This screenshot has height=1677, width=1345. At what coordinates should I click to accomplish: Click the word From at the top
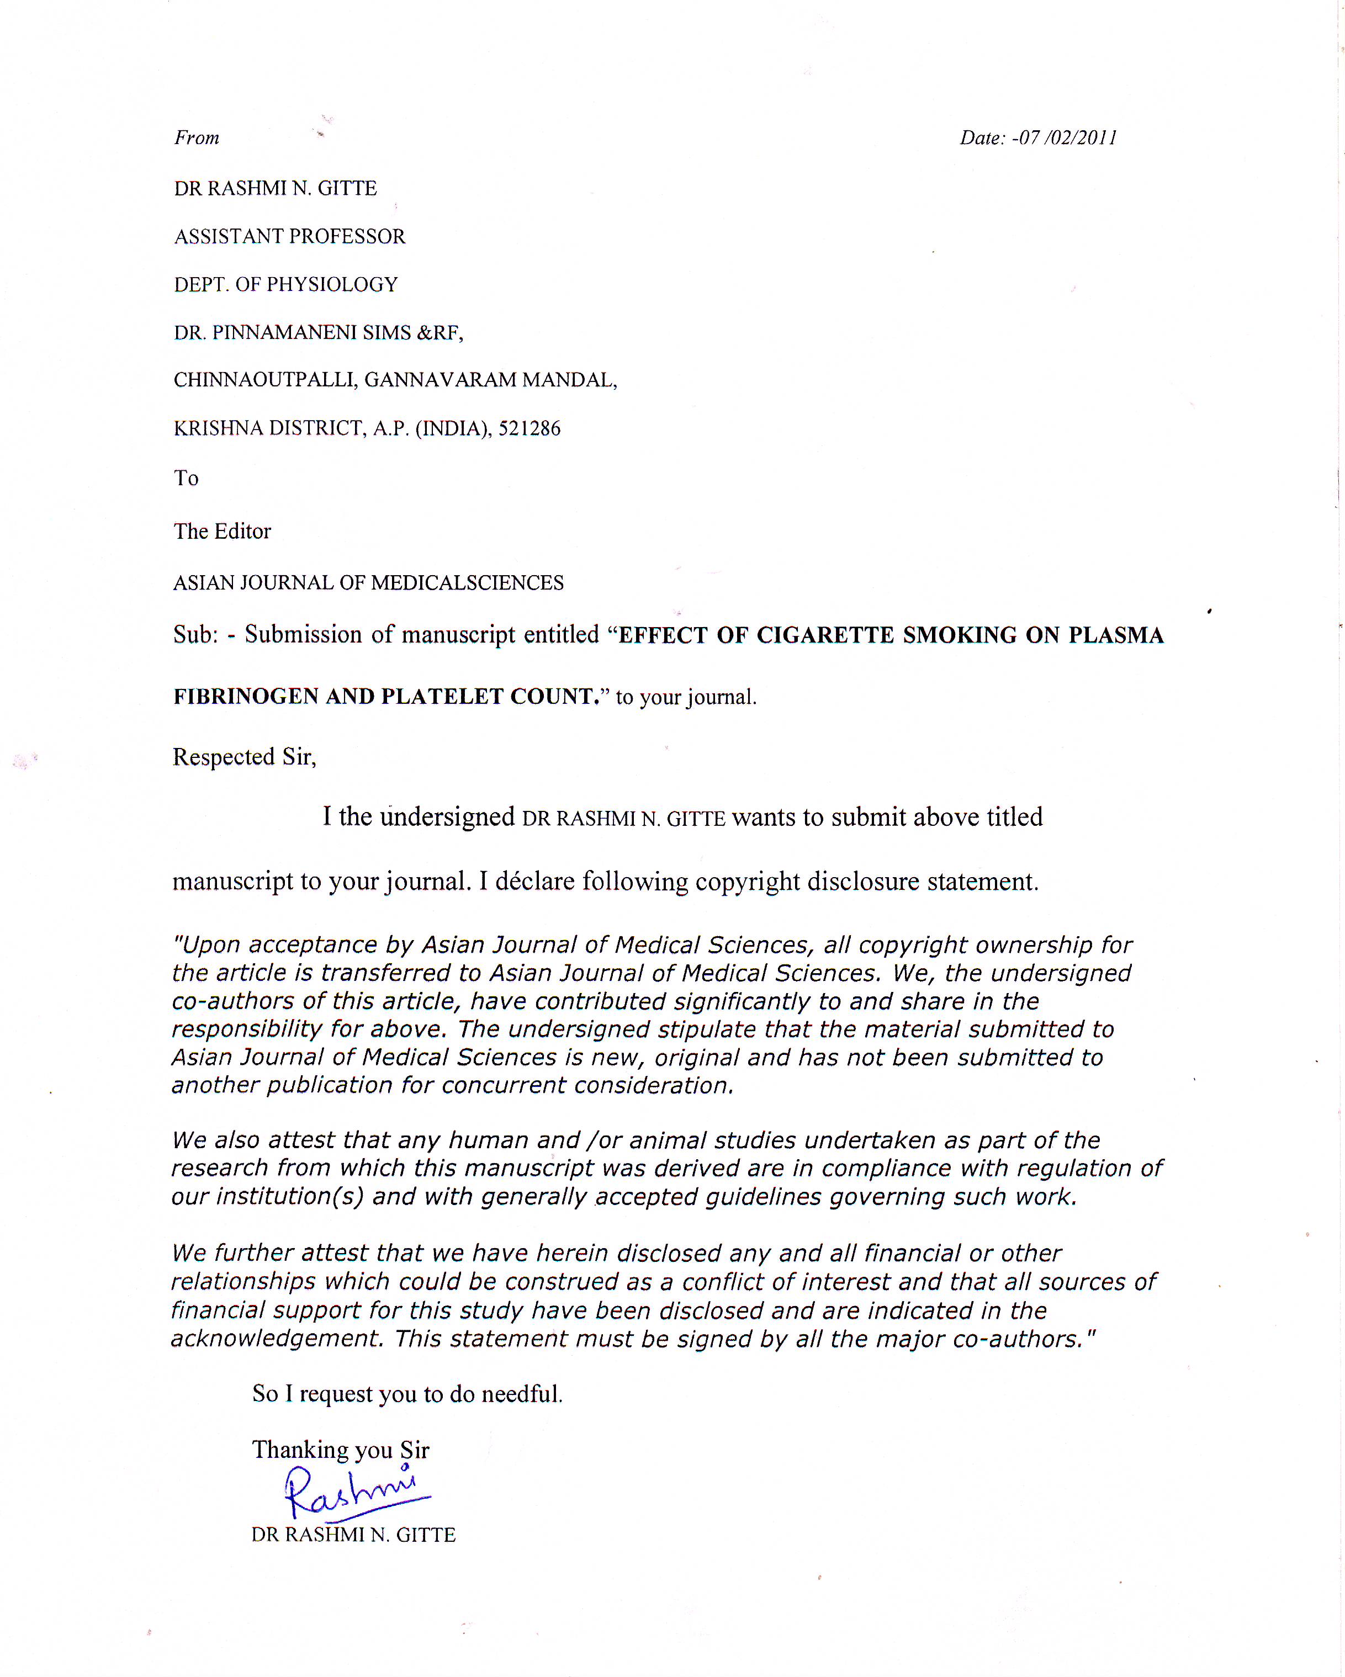197,139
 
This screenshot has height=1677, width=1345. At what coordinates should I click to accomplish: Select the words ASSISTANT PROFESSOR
289,236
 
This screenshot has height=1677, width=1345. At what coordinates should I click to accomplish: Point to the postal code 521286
529,428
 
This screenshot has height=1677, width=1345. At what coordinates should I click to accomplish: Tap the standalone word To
186,479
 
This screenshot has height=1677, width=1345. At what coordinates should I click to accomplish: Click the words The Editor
223,531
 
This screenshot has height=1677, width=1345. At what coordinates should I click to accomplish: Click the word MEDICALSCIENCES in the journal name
467,583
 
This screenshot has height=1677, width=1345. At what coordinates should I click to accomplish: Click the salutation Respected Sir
244,757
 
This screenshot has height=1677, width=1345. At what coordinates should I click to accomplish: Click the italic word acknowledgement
277,1339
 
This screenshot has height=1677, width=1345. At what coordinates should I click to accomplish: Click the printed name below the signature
353,1535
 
